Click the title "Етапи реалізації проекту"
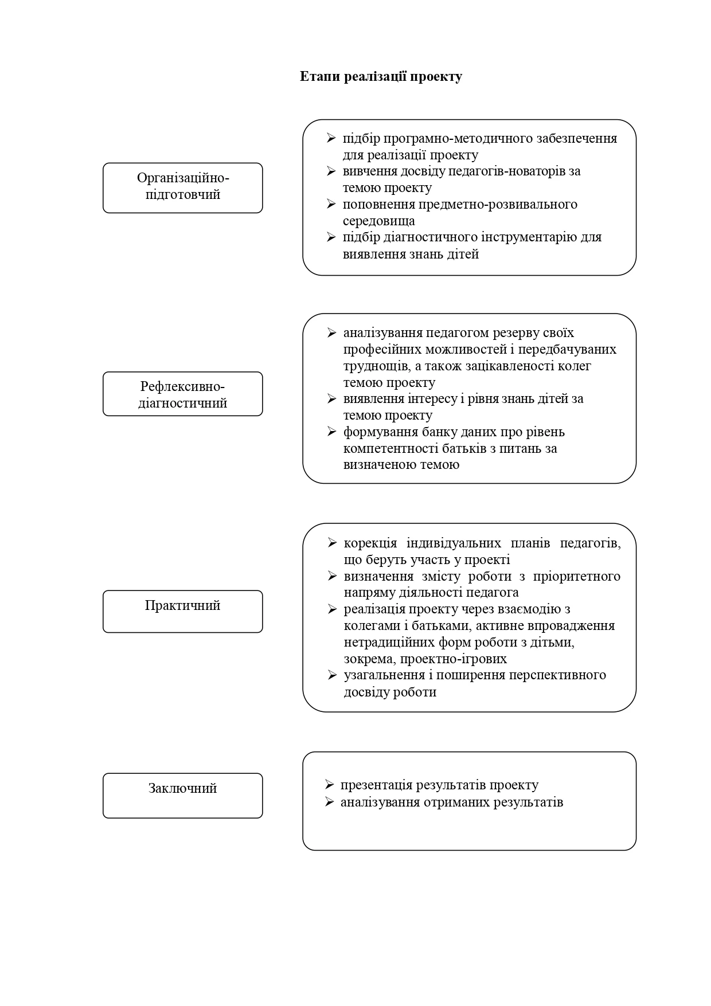381,77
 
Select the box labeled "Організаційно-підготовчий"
182,187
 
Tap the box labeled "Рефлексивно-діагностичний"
182,394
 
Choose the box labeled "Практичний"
182,611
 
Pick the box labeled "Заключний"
182,795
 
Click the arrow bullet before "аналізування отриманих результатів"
329,802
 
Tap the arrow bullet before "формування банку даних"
331,432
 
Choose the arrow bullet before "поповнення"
331,204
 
